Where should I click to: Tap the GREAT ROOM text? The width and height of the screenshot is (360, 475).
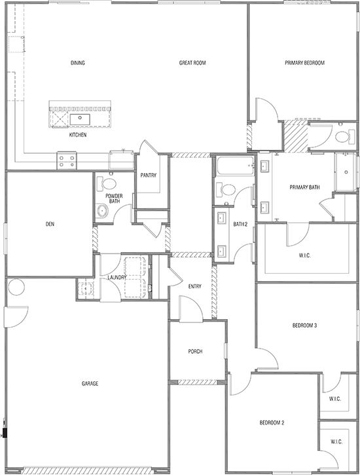[x=194, y=64]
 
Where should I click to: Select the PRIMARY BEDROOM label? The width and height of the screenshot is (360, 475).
[x=304, y=64]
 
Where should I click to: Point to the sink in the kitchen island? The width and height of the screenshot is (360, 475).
[x=82, y=119]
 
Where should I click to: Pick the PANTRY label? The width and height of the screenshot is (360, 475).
[x=147, y=175]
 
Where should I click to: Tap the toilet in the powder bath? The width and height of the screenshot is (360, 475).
[x=109, y=183]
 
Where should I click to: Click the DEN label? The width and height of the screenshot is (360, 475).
[x=50, y=225]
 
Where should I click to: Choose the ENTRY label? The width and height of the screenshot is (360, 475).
[x=194, y=286]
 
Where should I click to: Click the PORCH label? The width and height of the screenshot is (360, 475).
[x=194, y=352]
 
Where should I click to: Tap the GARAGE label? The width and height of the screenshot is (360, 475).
[x=90, y=383]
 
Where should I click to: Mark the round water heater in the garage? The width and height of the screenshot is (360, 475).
[x=16, y=287]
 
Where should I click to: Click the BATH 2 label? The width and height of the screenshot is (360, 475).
[x=240, y=225]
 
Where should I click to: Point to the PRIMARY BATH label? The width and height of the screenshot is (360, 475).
[x=305, y=188]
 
